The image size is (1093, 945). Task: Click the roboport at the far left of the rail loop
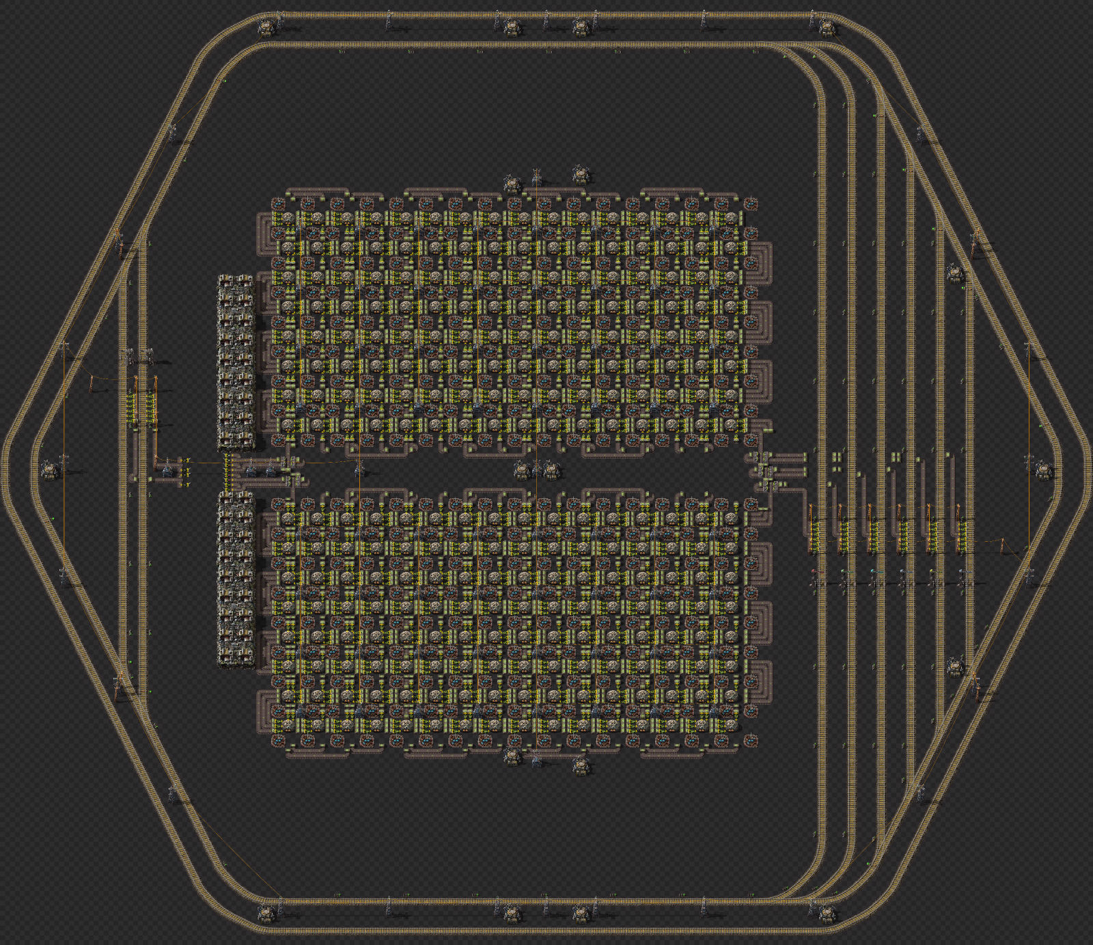click(x=49, y=469)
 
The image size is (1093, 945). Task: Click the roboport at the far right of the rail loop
click(x=1043, y=469)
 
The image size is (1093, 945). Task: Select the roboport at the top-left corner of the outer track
click(x=266, y=27)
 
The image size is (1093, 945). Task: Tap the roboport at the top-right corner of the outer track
click(x=827, y=28)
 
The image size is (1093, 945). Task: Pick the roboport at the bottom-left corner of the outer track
click(x=266, y=913)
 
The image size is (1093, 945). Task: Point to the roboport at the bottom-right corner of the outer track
click(x=827, y=913)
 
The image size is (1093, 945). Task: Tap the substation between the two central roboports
click(x=537, y=468)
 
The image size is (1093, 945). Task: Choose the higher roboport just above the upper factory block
click(x=581, y=174)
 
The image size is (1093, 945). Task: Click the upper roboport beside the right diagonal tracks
click(x=955, y=274)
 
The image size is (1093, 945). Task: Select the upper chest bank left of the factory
click(x=236, y=362)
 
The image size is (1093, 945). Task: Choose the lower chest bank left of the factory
click(x=236, y=578)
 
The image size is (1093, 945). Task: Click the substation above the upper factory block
click(x=537, y=178)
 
